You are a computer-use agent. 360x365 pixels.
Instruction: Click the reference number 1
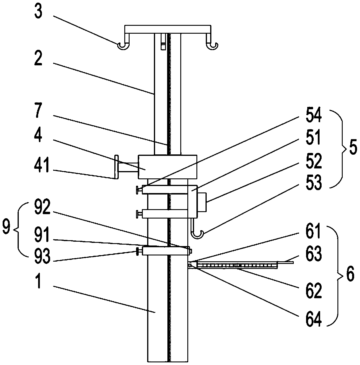(38, 282)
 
